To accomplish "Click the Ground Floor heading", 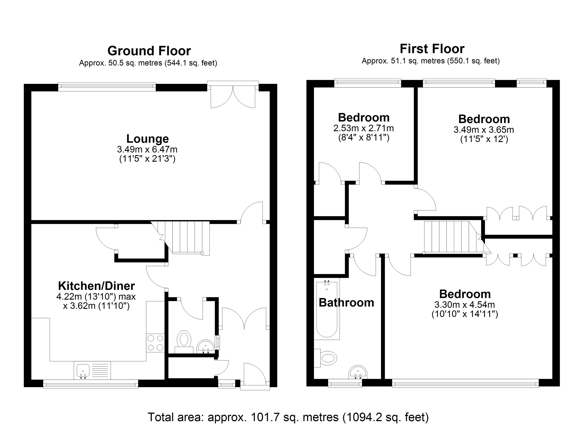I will pyautogui.click(x=149, y=51).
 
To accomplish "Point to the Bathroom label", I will pyautogui.click(x=346, y=303).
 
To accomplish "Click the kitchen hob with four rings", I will pyautogui.click(x=155, y=343).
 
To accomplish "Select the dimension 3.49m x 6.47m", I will pyautogui.click(x=147, y=149).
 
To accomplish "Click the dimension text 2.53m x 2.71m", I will pyautogui.click(x=363, y=128).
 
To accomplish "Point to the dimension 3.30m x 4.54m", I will pyautogui.click(x=465, y=305).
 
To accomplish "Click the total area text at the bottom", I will pyautogui.click(x=288, y=417).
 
